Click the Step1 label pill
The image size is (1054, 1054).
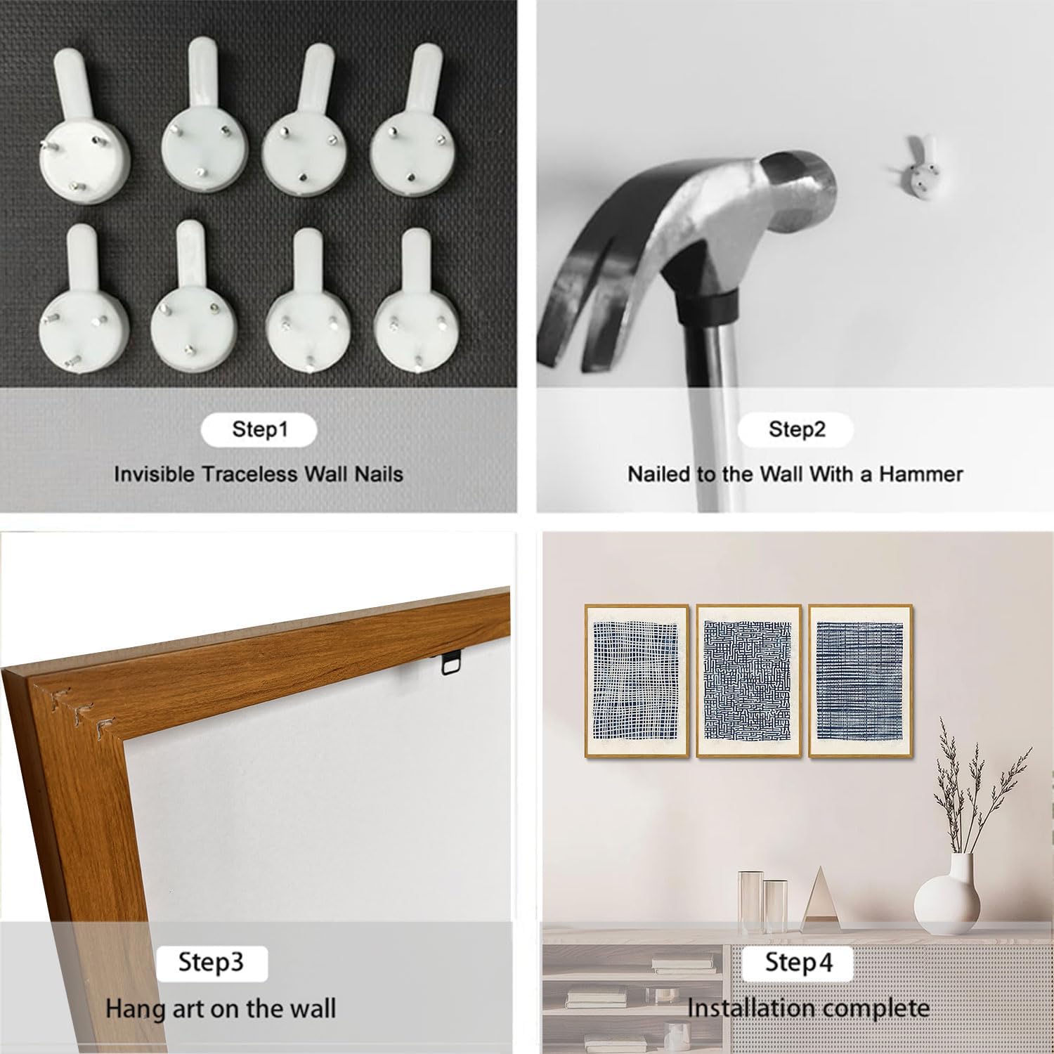259,430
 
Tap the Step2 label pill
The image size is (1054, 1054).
796,429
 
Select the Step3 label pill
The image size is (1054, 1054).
212,963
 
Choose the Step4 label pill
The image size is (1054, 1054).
798,963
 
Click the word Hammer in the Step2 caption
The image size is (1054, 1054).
921,474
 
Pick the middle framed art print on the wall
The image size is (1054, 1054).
748,681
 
